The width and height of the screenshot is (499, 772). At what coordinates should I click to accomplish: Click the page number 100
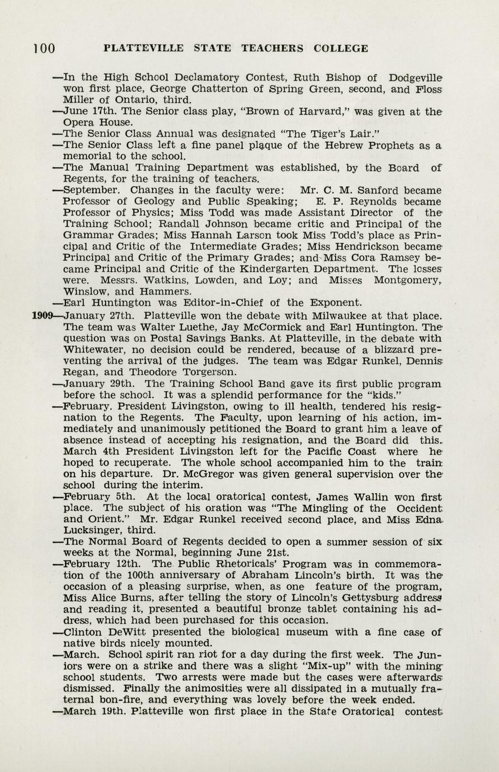coord(44,49)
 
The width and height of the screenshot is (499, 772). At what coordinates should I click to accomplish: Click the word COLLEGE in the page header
coord(341,49)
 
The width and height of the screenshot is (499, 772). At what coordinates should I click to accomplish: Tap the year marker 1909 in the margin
coord(42,316)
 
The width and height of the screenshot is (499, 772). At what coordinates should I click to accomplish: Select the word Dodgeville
coord(420,78)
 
